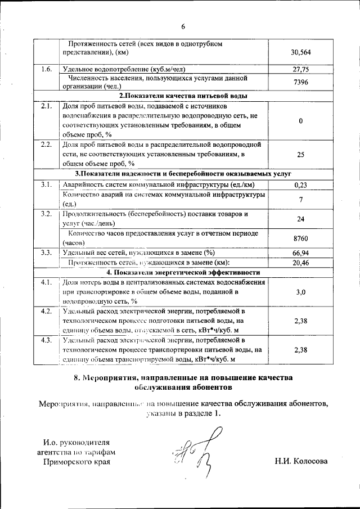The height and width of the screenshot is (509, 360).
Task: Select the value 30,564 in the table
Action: (301, 52)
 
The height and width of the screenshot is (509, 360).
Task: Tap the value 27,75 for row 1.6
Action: (301, 69)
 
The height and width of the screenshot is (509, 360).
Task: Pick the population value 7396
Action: (301, 82)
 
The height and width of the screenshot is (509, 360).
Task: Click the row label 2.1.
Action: (47, 106)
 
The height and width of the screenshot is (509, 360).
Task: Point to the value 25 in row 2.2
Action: (301, 154)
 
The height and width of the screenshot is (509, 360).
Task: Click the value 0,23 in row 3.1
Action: (301, 184)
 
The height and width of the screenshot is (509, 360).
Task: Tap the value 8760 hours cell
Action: (301, 238)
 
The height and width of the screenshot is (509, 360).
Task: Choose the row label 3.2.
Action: (47, 214)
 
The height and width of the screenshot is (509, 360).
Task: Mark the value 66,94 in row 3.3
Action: (301, 253)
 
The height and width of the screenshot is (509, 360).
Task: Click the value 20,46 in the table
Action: (301, 262)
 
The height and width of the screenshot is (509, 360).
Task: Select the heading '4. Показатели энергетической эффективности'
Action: (179, 272)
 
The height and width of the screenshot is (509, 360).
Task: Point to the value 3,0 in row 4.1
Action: (301, 292)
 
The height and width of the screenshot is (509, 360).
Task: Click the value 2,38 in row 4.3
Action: (301, 350)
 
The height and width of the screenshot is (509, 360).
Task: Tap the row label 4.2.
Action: (47, 311)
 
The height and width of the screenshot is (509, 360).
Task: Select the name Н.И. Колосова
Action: (301, 462)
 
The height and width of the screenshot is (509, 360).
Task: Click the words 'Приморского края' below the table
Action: (77, 462)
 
